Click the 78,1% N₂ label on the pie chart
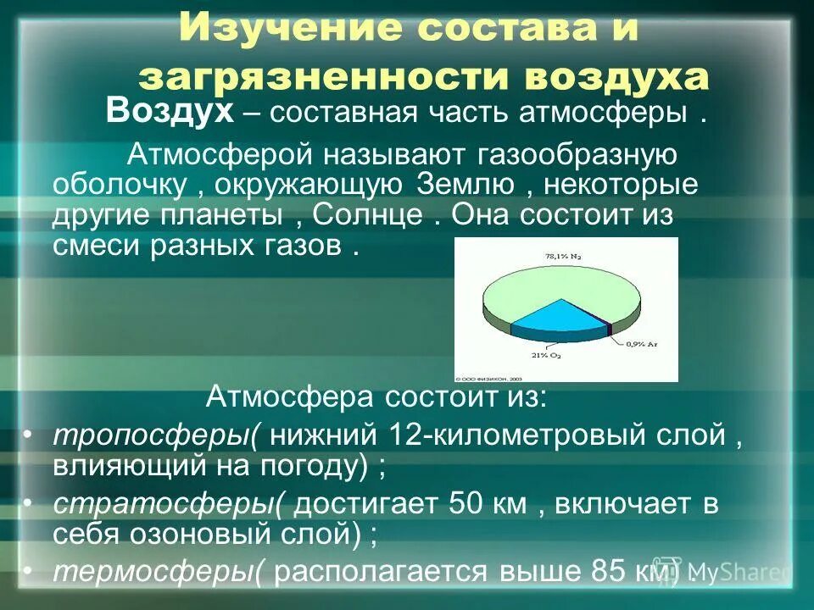(x=558, y=253)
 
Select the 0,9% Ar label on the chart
(x=641, y=343)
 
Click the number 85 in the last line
(x=584, y=572)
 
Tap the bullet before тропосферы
(x=28, y=435)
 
